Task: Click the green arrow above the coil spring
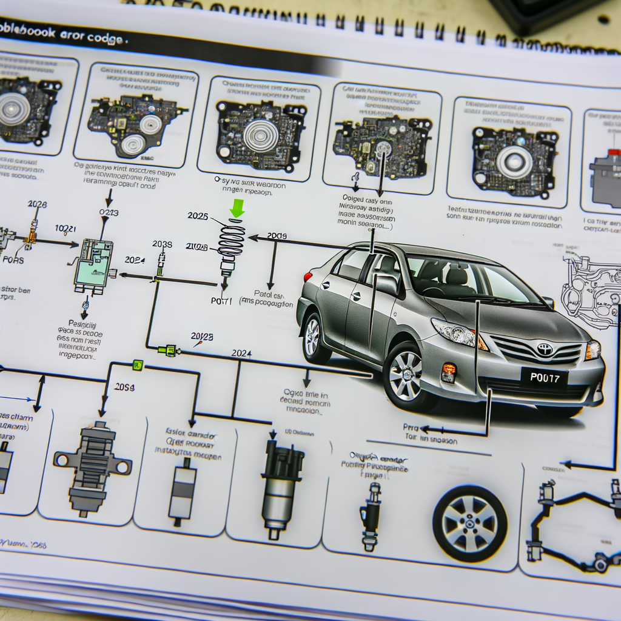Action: pos(237,208)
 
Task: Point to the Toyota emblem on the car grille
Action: pos(544,349)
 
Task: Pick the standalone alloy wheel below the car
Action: pos(469,523)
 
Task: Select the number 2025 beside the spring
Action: pos(198,216)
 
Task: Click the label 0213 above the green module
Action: pos(109,213)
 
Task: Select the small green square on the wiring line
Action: pos(138,365)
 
